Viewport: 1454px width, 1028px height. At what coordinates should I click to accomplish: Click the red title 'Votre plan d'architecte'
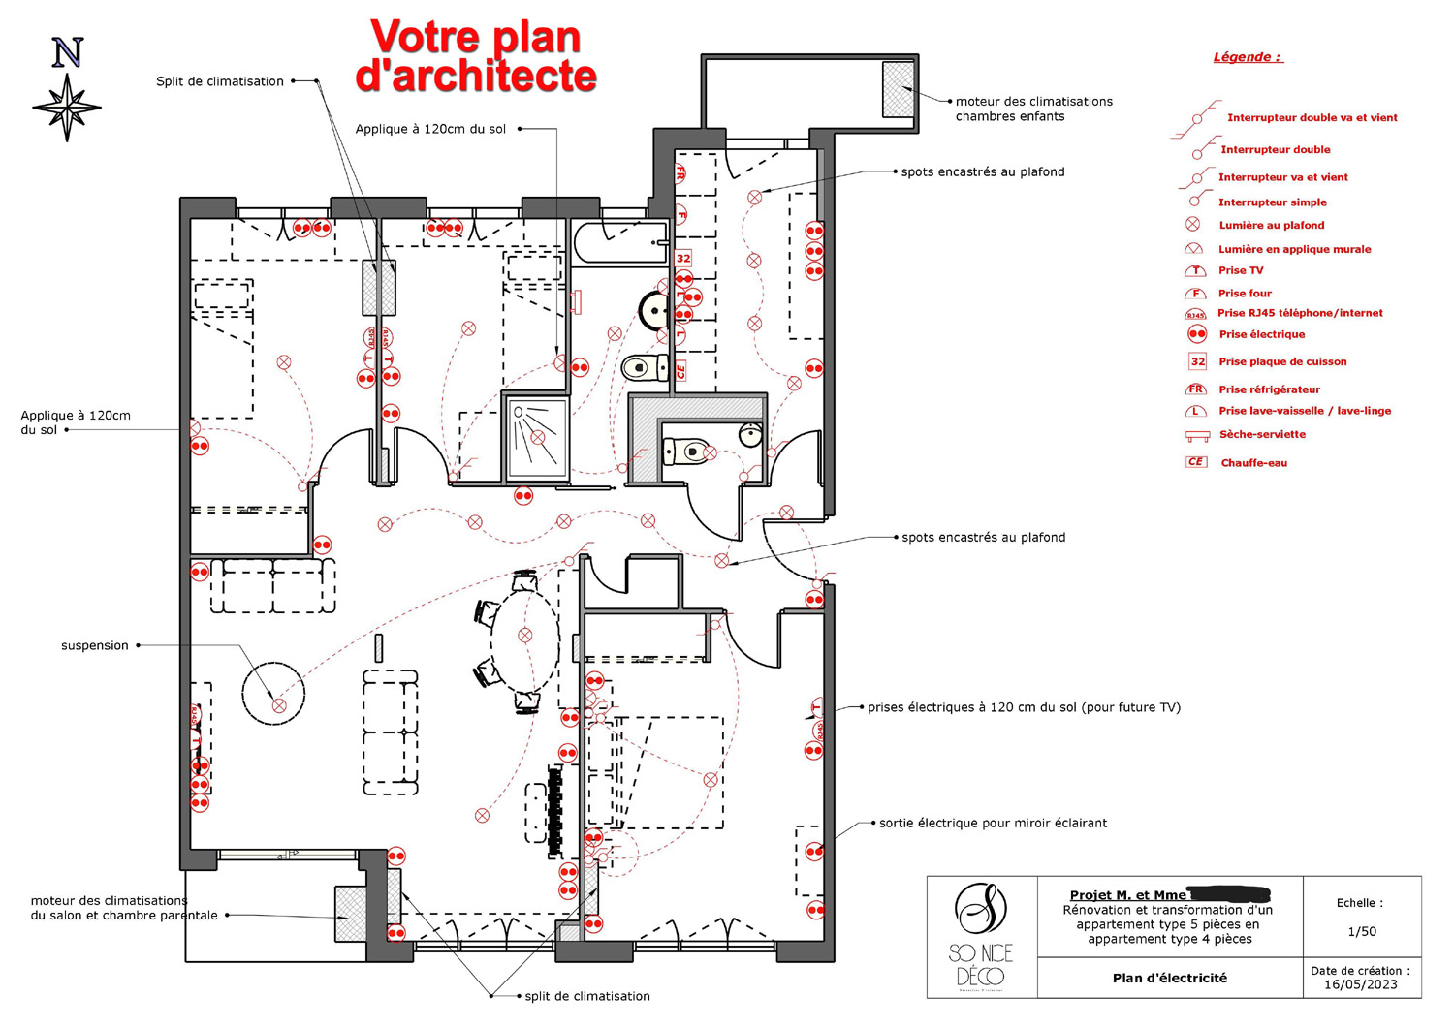click(x=475, y=56)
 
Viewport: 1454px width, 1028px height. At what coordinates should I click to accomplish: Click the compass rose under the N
click(x=67, y=107)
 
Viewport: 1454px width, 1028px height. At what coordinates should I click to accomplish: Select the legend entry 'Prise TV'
click(x=1241, y=271)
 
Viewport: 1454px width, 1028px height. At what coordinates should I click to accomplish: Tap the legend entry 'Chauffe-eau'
click(x=1253, y=463)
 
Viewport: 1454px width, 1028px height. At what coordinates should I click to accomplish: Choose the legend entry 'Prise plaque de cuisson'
click(x=1281, y=361)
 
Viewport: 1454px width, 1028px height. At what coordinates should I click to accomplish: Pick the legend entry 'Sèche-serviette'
click(x=1262, y=435)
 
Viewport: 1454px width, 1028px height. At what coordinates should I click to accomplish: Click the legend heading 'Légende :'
click(x=1248, y=57)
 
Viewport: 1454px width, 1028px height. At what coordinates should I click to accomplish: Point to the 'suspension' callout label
click(x=95, y=645)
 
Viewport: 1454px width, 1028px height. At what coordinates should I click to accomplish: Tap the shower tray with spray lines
click(x=536, y=437)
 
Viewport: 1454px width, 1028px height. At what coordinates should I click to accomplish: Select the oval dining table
click(x=524, y=637)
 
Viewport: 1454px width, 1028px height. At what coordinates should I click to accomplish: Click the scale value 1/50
click(x=1362, y=932)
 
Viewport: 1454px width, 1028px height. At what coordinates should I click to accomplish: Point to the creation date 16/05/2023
click(x=1361, y=984)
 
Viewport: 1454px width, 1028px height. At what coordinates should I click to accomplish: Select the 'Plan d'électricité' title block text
click(x=1169, y=979)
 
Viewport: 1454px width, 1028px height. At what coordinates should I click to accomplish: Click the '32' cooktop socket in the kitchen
click(x=683, y=259)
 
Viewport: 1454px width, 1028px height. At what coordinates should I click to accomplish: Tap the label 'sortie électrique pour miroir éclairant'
click(x=993, y=824)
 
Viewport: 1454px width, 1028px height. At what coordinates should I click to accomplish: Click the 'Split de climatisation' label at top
click(x=220, y=81)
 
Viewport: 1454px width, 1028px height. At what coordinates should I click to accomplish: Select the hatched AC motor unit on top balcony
click(x=899, y=88)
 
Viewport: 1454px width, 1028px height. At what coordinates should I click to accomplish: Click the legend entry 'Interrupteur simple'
click(x=1272, y=202)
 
